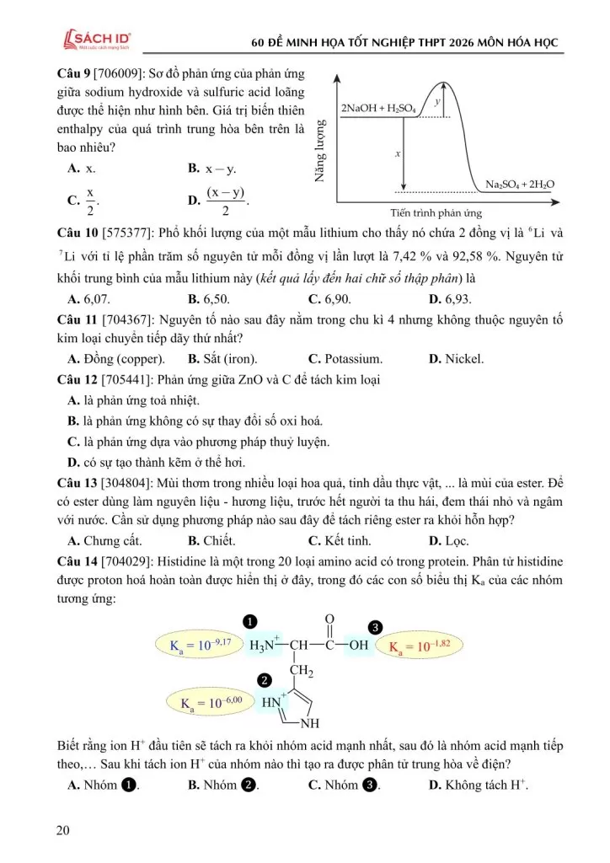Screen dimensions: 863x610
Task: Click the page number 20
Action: pyautogui.click(x=63, y=831)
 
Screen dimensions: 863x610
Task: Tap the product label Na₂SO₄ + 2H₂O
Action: pyautogui.click(x=520, y=185)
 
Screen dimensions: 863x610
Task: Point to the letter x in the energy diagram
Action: pyautogui.click(x=397, y=154)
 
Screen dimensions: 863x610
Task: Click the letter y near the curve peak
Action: pyautogui.click(x=437, y=101)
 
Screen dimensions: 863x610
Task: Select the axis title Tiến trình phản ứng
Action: pyautogui.click(x=436, y=214)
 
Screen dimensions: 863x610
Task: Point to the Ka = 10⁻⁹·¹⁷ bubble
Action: pyautogui.click(x=200, y=646)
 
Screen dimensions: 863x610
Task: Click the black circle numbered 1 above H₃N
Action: pyautogui.click(x=249, y=622)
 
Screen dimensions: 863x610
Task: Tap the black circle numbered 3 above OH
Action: pyautogui.click(x=376, y=627)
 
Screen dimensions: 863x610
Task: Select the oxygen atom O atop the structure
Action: pyautogui.click(x=329, y=620)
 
